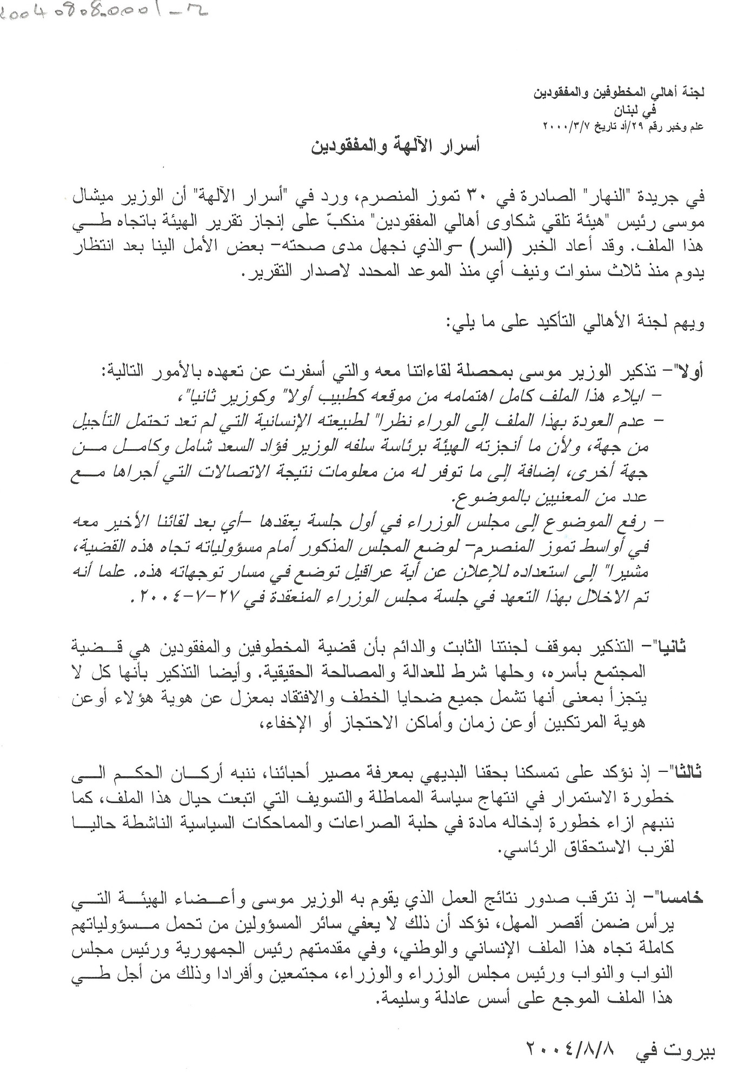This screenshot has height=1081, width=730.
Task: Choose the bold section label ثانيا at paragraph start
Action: point(676,645)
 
